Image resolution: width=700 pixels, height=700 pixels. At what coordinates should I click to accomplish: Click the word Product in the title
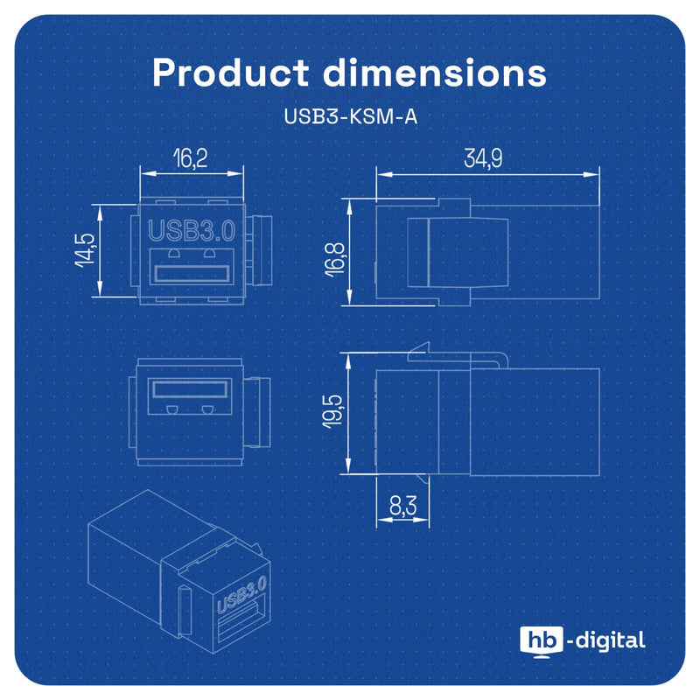pos(230,73)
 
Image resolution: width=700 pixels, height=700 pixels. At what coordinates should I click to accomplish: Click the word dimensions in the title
pos(435,73)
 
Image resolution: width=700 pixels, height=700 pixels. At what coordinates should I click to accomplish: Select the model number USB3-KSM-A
pos(351,116)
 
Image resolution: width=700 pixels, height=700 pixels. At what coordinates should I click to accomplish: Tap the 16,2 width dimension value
pos(191,158)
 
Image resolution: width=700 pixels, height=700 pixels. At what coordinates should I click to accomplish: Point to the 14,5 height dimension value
pos(85,250)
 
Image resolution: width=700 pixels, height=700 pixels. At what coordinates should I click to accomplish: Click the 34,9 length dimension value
pos(483,158)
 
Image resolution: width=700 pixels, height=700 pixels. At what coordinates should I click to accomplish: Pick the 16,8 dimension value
pos(335,259)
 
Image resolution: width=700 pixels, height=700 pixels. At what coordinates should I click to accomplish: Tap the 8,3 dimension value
pos(402,506)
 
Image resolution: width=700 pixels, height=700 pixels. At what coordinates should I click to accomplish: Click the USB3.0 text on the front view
pos(192,231)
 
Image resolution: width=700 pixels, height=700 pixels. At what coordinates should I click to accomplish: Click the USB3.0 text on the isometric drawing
pos(242,594)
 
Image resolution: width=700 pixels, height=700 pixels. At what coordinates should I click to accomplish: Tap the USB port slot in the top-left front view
pos(192,274)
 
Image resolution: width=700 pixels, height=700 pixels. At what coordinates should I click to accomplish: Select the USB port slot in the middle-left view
pos(191,388)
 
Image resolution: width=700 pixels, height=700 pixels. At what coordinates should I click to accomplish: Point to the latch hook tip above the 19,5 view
pos(429,343)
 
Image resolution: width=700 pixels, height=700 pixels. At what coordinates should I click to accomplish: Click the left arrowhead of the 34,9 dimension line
pos(384,174)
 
